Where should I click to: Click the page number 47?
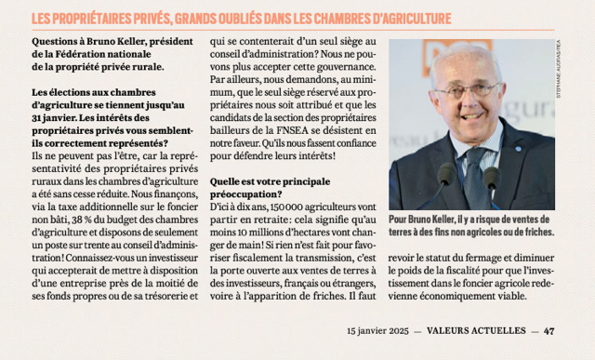(549, 329)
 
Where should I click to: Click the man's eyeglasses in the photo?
(470, 90)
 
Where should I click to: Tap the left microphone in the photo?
(444, 177)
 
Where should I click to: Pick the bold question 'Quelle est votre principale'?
(271, 182)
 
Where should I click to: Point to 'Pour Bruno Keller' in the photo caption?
(427, 218)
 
